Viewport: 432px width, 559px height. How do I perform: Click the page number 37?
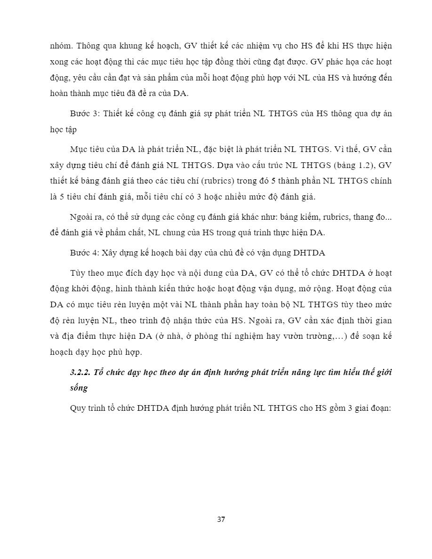click(x=221, y=519)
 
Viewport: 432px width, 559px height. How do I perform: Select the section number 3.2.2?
click(x=80, y=372)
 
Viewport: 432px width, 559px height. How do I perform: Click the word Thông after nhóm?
click(x=88, y=46)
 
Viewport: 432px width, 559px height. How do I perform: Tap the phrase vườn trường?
click(x=299, y=336)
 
